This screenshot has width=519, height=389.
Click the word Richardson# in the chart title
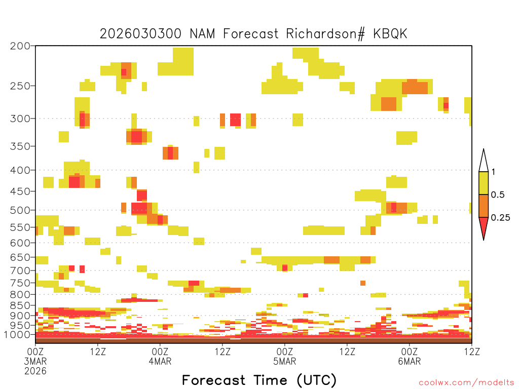[x=326, y=34]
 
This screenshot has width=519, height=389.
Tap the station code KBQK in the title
[x=390, y=34]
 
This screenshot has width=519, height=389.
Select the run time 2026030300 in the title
[x=141, y=34]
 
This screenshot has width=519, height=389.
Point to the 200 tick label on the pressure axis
[x=20, y=46]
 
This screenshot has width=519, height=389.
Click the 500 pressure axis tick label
[x=20, y=210]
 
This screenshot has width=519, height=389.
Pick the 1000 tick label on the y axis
[x=17, y=335]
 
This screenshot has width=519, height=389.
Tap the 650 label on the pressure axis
[x=20, y=257]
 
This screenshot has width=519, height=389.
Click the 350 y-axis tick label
[x=20, y=146]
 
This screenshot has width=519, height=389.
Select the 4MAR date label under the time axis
[x=160, y=361]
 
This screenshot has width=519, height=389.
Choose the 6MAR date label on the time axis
[x=410, y=361]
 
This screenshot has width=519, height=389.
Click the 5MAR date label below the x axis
[x=285, y=361]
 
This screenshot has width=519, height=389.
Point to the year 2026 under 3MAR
[x=35, y=371]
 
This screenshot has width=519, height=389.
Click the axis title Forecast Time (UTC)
[x=259, y=380]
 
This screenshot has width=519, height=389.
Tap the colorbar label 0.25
[x=500, y=218]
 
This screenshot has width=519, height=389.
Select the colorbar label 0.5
[x=498, y=195]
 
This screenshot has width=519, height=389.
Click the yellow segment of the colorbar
[x=484, y=183]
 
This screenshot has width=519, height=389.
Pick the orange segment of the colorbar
[x=484, y=206]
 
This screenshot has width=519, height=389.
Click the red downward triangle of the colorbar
[x=484, y=226]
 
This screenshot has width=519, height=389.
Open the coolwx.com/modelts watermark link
[x=466, y=383]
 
